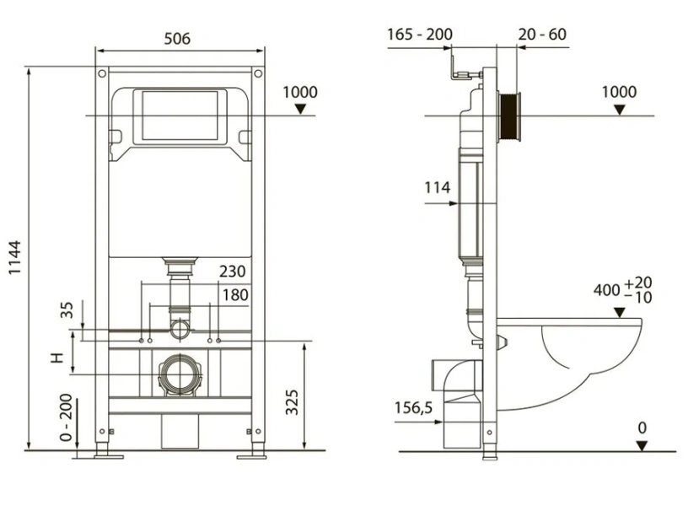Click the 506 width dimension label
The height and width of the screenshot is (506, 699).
177,39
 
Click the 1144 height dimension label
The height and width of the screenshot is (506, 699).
15,257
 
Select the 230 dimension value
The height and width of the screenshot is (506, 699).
232,271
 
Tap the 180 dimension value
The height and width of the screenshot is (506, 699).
235,294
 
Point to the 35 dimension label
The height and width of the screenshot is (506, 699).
67,310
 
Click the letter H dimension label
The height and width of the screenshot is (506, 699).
57,357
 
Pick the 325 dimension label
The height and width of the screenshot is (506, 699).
292,402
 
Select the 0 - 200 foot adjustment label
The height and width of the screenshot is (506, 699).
66,417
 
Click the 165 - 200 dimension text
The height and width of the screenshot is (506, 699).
420,35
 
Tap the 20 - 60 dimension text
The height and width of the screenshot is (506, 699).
542,35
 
